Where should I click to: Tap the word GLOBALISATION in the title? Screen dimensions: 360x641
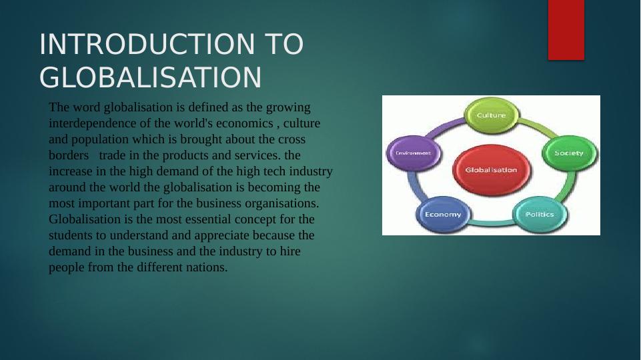pos(150,78)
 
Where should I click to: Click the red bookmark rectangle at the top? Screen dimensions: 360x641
pos(566,29)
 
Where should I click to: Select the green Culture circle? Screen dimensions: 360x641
pos(491,115)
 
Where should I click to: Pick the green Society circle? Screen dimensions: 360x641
pos(568,153)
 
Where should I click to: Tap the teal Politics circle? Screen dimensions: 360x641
pos(539,214)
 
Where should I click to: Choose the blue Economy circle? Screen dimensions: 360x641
pos(443,214)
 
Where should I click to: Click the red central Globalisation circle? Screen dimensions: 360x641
pos(491,170)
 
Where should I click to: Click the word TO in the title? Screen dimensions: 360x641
pos(284,45)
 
